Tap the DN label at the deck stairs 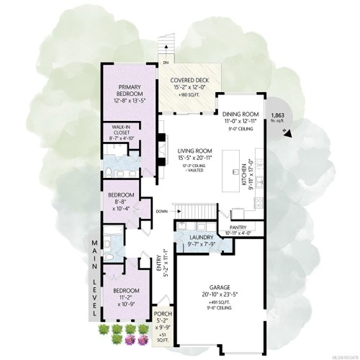click(x=163, y=42)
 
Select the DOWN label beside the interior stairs click(x=162, y=212)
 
